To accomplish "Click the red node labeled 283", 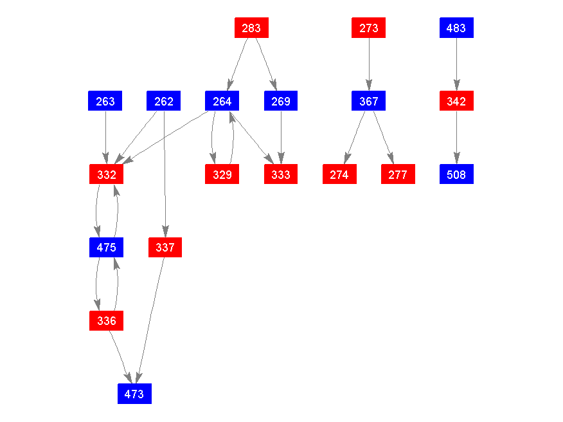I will click(251, 28).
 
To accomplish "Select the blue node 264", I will click(222, 101).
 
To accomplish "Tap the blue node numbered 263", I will click(105, 101).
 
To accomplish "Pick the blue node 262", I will click(164, 101).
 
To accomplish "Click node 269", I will click(281, 101).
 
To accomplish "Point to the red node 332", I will click(106, 174).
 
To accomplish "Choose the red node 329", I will click(222, 174).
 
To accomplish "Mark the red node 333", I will click(281, 174).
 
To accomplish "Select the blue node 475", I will click(106, 247).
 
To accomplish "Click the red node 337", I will click(165, 247).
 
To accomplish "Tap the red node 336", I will click(106, 320).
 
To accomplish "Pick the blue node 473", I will click(134, 394).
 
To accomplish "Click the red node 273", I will click(369, 28).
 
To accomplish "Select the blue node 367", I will click(369, 101).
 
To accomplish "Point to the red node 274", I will click(339, 174).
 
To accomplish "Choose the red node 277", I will click(398, 174).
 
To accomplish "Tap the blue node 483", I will click(456, 28).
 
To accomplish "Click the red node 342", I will click(456, 101).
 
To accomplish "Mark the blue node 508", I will click(456, 174).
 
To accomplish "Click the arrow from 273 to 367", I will click(369, 64).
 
